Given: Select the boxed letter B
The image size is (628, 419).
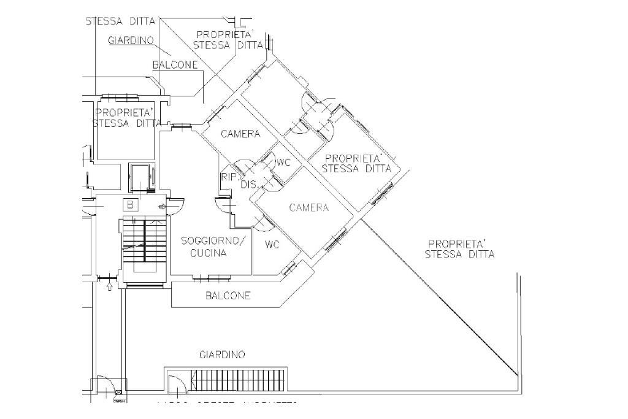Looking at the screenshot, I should click(131, 205).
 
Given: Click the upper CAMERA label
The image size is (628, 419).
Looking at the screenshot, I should click(240, 134).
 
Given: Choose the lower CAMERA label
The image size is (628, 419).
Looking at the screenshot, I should click(308, 208).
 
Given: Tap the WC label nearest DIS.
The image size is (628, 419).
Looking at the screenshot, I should click(283, 163).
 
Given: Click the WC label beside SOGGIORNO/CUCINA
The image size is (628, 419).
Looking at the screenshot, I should click(272, 245).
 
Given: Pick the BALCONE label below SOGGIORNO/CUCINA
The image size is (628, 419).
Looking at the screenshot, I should click(228, 296).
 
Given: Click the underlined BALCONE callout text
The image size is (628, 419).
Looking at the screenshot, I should click(175, 64).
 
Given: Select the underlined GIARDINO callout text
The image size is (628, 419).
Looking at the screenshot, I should click(131, 40).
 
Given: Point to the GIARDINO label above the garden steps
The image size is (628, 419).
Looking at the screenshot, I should click(222, 355).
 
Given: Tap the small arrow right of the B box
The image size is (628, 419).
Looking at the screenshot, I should click(162, 207).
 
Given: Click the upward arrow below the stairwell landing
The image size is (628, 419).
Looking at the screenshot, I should click(109, 285).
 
